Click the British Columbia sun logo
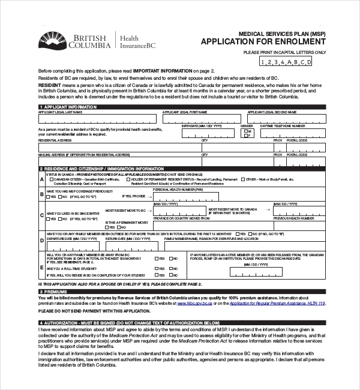[52, 40]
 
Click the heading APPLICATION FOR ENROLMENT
[263, 41]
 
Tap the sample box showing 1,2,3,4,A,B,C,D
[286, 61]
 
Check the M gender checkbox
[244, 130]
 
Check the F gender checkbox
[244, 136]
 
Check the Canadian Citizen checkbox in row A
[50, 179]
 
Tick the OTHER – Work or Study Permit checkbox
[242, 179]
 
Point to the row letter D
[42, 240]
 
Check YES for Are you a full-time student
[157, 268]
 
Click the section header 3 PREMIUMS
[57, 291]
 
